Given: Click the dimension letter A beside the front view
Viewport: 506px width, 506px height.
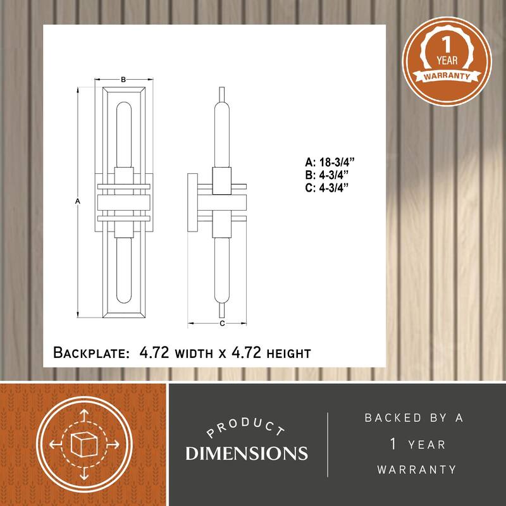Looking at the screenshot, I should coord(77,201).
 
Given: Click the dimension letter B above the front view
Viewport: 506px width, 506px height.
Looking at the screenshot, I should coord(123,80).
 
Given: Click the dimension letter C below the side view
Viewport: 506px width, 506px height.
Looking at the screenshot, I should coord(222,323).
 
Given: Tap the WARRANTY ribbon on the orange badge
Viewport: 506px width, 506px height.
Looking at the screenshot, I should coord(443,77).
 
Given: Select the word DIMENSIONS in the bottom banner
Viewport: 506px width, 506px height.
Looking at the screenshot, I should coord(246,454).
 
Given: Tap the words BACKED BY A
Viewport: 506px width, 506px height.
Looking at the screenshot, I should coord(414,418).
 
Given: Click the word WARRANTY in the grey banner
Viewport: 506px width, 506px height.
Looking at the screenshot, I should coord(417,469).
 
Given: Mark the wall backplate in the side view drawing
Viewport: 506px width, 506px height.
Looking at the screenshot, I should coord(192,203).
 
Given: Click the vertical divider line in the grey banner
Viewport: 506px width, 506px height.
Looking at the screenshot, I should coord(328,444).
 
